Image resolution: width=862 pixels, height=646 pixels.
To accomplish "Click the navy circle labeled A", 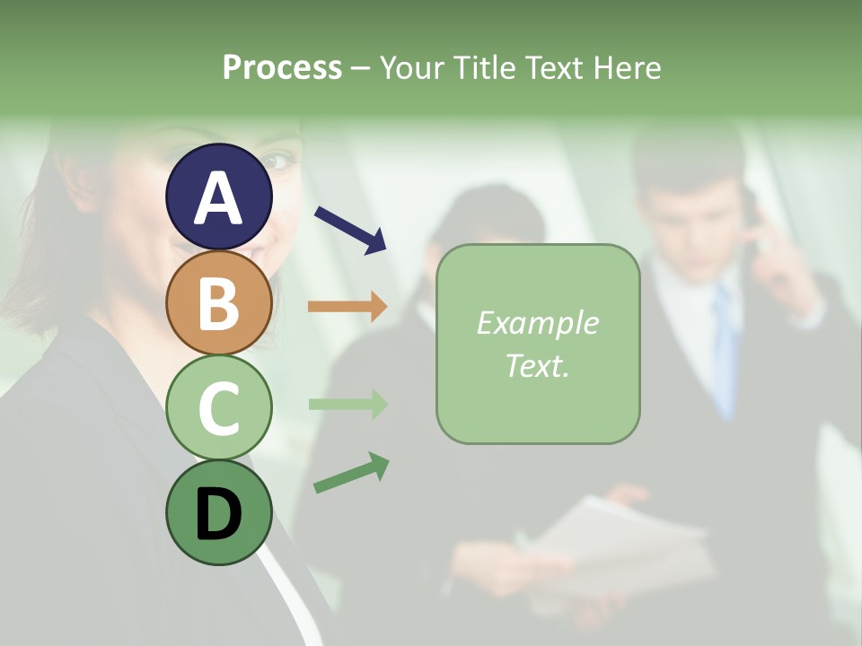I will pyautogui.click(x=219, y=196).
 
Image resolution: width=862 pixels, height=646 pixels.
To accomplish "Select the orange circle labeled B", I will pyautogui.click(x=219, y=302).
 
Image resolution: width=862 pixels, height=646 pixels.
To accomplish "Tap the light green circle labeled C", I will pyautogui.click(x=219, y=407).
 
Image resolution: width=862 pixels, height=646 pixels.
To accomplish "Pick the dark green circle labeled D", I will pyautogui.click(x=219, y=512).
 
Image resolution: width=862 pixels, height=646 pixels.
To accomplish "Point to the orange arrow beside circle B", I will pyautogui.click(x=347, y=307).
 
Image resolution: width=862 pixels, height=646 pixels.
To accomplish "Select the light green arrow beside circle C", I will pyautogui.click(x=347, y=405).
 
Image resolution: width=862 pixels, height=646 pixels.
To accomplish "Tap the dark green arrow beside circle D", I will pyautogui.click(x=351, y=473).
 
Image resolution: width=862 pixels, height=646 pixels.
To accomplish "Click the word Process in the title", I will pyautogui.click(x=282, y=67).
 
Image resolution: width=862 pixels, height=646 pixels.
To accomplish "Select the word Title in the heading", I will pyautogui.click(x=486, y=67).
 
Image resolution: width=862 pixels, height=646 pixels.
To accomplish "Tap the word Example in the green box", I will pyautogui.click(x=537, y=323).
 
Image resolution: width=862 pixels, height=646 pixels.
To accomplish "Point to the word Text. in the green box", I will pyautogui.click(x=537, y=365).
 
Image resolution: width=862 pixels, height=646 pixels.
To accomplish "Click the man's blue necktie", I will pyautogui.click(x=726, y=350).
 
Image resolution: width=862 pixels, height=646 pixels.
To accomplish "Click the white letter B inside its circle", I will pyautogui.click(x=219, y=303).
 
